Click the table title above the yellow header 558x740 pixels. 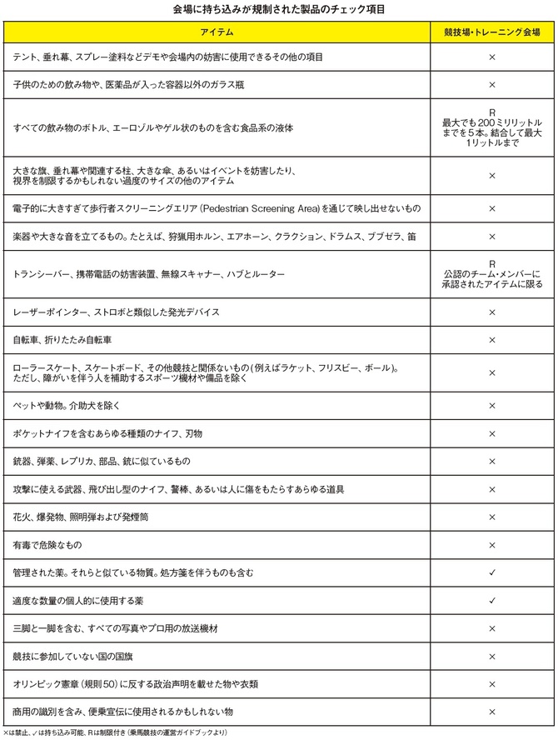279,9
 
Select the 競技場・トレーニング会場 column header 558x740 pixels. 491,31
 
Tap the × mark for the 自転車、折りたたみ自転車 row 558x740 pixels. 491,340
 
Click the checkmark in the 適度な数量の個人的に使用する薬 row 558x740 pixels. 491,599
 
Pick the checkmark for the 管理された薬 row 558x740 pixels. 491,573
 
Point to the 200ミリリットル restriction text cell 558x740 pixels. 491,127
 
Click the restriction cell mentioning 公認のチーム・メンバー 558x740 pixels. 491,273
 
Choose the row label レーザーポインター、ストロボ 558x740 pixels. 117,312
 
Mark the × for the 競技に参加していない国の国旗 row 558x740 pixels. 491,655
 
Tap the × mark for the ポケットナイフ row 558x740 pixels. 491,433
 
